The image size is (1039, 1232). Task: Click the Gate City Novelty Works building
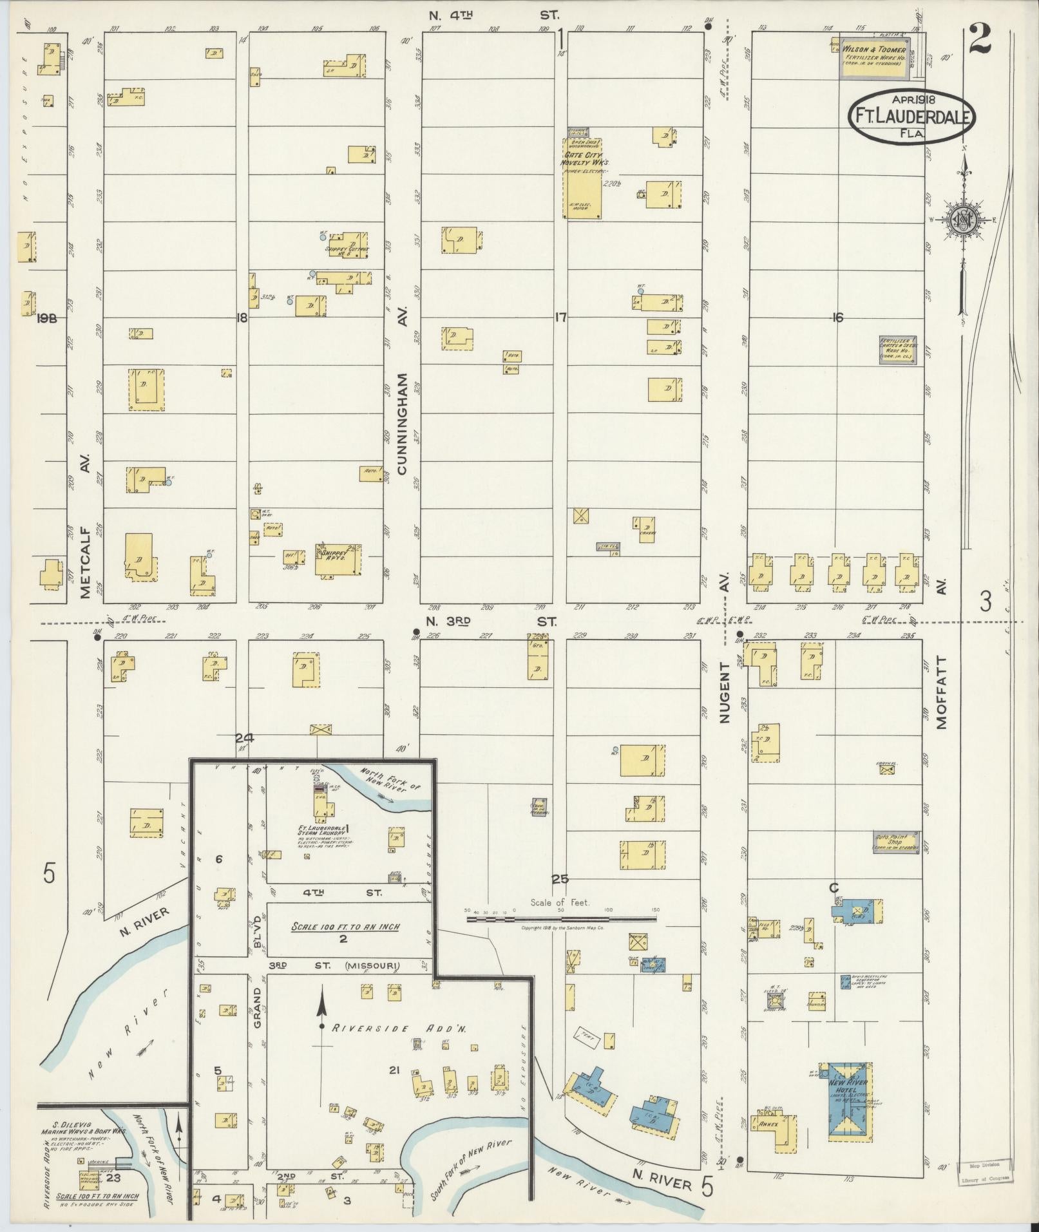click(x=584, y=178)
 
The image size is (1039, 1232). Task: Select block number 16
click(x=837, y=317)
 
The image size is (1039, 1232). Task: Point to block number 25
click(x=560, y=879)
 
